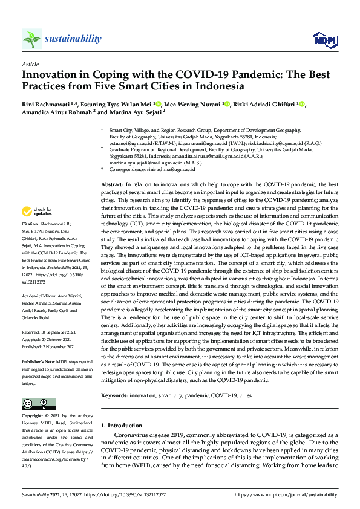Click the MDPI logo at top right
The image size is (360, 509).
(x=324, y=40)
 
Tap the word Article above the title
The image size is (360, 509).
(x=30, y=63)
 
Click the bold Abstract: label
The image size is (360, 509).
(x=112, y=184)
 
